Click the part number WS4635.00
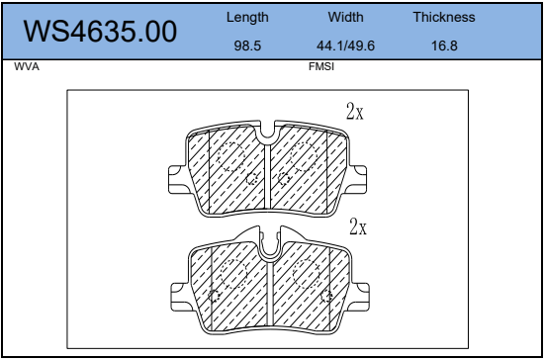[100, 32]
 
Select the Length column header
[247, 18]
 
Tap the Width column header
[345, 17]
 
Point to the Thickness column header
[444, 17]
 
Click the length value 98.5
[247, 45]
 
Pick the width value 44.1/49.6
[345, 45]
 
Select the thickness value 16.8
[444, 45]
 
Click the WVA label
[27, 66]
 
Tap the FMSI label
[321, 66]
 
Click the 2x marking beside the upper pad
[354, 112]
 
